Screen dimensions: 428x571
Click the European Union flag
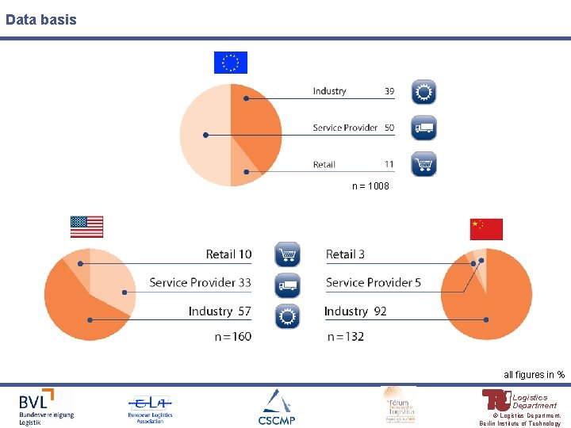231,63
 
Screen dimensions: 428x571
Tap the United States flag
86,227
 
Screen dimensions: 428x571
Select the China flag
486,229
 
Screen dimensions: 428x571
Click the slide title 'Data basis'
41,19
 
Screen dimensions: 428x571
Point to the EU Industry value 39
389,91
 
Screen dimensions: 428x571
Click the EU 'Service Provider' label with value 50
353,128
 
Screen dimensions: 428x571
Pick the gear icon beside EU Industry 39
423,93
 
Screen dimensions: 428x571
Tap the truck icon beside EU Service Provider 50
423,128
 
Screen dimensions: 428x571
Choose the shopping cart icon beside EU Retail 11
423,164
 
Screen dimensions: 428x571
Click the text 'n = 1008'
370,186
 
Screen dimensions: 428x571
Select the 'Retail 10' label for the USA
228,254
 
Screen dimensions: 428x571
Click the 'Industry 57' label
220,311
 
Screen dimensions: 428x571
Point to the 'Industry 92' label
355,311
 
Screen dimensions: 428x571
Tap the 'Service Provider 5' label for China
373,282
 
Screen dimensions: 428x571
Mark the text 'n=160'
232,336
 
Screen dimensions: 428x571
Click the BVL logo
46,407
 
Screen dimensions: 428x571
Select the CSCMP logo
275,408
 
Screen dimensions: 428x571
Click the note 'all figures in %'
534,374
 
